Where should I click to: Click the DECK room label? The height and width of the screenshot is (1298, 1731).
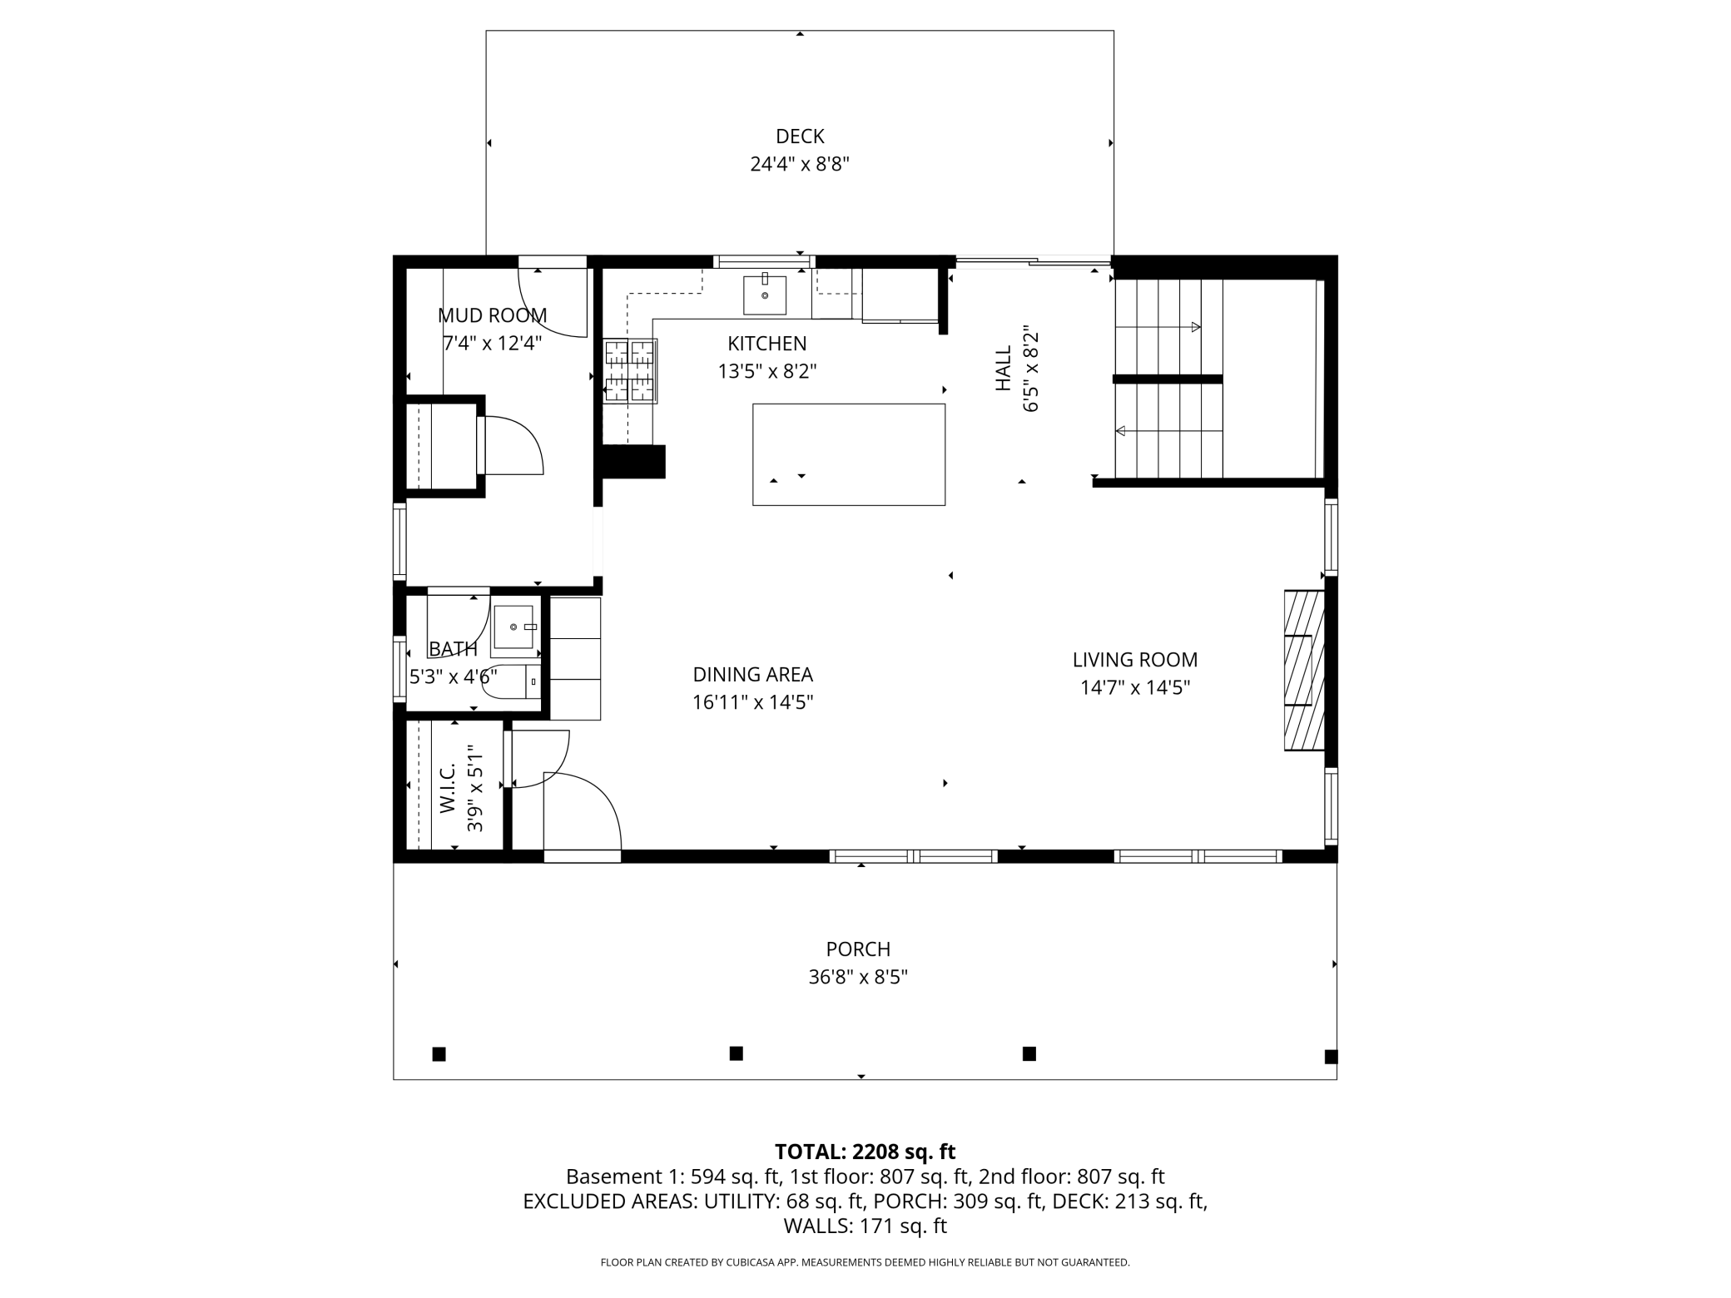click(x=800, y=136)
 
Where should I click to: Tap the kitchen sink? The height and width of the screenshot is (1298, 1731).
click(x=765, y=295)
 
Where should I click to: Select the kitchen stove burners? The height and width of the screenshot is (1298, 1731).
click(x=630, y=371)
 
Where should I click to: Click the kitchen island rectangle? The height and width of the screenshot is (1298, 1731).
click(x=849, y=454)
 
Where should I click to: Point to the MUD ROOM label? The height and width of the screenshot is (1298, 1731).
click(x=493, y=315)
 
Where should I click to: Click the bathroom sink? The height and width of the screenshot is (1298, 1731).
click(x=514, y=627)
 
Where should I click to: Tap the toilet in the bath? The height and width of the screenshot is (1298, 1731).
click(x=511, y=681)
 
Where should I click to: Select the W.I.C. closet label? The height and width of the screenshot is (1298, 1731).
click(x=448, y=788)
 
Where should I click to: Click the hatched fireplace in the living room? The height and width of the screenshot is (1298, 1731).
click(x=1304, y=670)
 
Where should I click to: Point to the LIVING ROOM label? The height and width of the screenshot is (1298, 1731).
click(x=1135, y=660)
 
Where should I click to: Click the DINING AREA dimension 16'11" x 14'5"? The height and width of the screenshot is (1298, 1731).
click(x=752, y=702)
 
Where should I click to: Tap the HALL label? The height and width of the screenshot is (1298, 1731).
click(x=1004, y=369)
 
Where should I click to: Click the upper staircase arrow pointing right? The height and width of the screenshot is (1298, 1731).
click(x=1158, y=327)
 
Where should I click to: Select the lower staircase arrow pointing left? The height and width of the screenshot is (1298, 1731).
click(x=1168, y=431)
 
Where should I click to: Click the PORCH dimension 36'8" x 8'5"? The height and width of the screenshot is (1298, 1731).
click(x=858, y=977)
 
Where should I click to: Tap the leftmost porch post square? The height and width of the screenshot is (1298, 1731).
click(x=439, y=1054)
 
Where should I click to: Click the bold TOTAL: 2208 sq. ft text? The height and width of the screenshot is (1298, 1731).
click(x=865, y=1152)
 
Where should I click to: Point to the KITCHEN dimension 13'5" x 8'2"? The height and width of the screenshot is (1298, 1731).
click(x=767, y=371)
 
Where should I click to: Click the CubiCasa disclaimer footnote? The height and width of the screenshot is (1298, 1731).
click(x=865, y=1262)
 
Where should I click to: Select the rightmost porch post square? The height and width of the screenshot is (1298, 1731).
click(x=1331, y=1057)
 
